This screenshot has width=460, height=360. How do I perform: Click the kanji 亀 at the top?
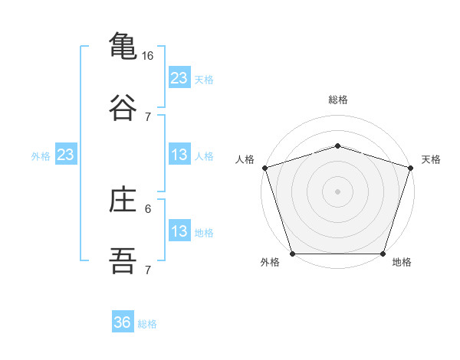point(123,45)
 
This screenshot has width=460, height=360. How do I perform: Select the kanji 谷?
point(123,107)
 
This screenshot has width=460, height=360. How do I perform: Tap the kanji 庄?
point(123,198)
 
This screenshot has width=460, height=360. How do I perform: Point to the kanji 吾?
point(123,260)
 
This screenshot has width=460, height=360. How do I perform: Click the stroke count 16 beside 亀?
point(147,56)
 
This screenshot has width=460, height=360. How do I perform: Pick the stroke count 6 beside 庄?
point(148,209)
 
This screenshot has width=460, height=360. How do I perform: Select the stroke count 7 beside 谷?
point(148,117)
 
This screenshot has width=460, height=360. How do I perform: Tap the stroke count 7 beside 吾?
point(148,270)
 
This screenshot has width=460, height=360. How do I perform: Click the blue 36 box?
point(123,321)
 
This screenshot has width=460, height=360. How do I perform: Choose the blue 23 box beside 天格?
point(179,77)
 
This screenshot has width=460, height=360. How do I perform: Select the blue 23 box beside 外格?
point(66,154)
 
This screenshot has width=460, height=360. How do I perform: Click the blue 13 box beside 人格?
point(179,154)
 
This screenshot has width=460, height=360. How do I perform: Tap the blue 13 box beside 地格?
point(179,230)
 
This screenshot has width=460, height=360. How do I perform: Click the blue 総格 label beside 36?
point(147,324)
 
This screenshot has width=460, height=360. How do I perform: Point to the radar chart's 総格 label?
point(338,100)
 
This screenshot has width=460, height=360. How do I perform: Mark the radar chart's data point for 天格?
point(411,168)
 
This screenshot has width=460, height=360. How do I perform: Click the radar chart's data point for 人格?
point(265,168)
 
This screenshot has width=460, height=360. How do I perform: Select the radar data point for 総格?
point(337,146)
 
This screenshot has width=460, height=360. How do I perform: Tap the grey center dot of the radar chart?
point(337,191)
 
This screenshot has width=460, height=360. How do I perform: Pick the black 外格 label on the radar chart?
point(270,262)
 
